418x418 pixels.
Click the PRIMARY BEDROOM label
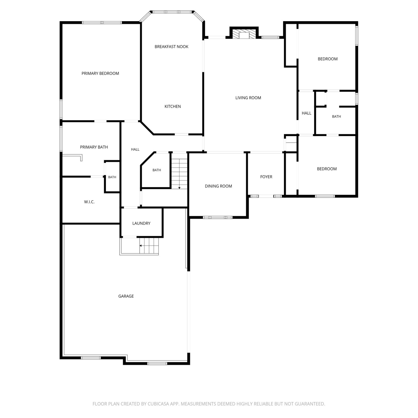pos(100,73)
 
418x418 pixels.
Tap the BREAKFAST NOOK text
pos(171,47)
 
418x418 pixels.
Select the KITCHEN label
pos(172,106)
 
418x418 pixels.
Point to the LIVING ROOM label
pos(248,98)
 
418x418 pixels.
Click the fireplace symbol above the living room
pos(244,33)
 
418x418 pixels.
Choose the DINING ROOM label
pos(218,186)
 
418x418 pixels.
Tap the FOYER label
pos(266,177)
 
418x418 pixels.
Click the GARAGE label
pos(126,296)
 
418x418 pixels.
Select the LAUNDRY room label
pos(141,223)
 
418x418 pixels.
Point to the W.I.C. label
pos(89,202)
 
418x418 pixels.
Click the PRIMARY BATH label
pos(94,147)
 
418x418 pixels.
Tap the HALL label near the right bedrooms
pos(307,113)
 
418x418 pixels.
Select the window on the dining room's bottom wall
pos(218,217)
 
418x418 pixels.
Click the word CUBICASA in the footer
pos(159,404)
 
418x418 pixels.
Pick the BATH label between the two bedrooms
pos(336,116)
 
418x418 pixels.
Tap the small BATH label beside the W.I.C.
pos(112,177)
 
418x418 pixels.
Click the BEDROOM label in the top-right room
pos(328,59)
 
